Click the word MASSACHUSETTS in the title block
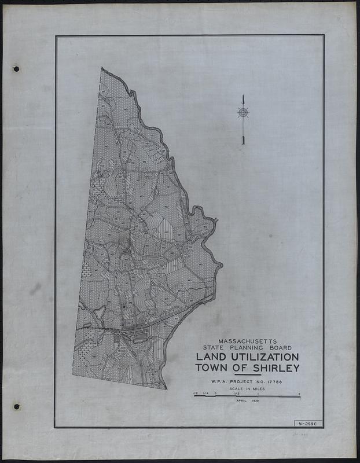click(x=247, y=341)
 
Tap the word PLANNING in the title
click(x=247, y=348)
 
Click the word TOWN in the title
click(x=212, y=368)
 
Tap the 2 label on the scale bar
click(x=299, y=394)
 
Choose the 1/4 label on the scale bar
click(x=205, y=394)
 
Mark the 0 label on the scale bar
click(x=215, y=394)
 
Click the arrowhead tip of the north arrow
click(x=243, y=97)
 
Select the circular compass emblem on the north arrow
click(x=243, y=112)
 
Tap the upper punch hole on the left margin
click(x=16, y=69)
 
